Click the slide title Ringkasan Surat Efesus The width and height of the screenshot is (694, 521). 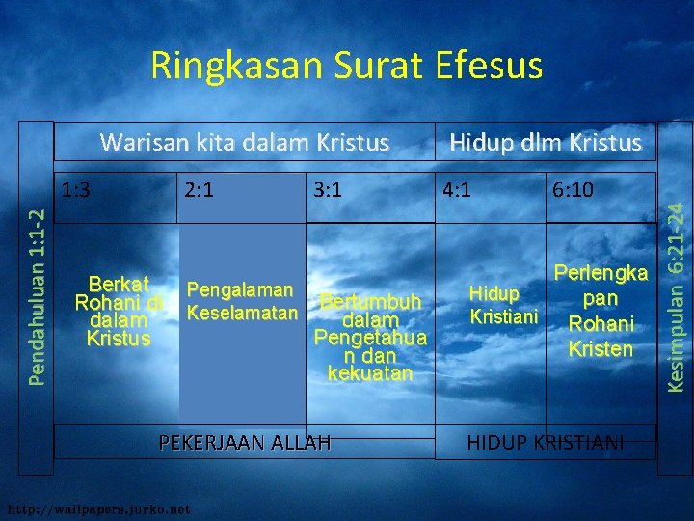point(346,66)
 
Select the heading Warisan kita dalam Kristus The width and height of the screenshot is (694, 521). point(245,143)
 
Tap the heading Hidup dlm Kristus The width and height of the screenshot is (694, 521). point(545,143)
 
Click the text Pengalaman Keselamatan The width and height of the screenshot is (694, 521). point(240,301)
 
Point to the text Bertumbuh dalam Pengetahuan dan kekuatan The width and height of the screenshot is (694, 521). point(371,337)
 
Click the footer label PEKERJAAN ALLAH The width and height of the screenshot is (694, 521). point(245,443)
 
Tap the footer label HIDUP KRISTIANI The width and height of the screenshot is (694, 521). point(545,443)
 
